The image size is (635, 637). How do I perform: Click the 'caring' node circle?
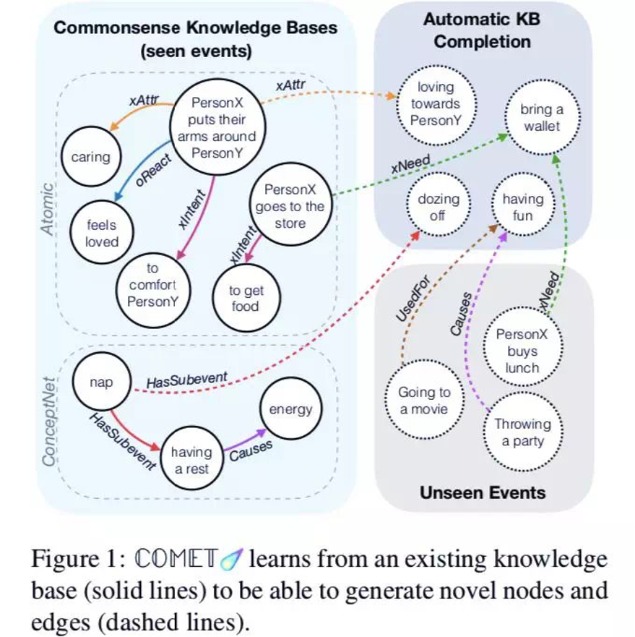[91, 157]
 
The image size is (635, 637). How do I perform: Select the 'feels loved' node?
[102, 233]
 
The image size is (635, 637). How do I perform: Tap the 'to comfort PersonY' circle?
[152, 286]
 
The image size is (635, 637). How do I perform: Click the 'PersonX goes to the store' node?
[290, 207]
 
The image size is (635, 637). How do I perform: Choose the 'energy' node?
[290, 409]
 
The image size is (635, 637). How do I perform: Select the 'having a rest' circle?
[191, 461]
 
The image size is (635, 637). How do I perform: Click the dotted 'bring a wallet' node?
[542, 118]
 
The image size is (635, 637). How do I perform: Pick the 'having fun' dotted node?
[522, 207]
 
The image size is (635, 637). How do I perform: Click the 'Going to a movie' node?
[424, 401]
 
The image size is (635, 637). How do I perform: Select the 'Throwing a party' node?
[522, 432]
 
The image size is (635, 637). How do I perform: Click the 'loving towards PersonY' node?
[436, 103]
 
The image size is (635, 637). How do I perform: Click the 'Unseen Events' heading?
[483, 493]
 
